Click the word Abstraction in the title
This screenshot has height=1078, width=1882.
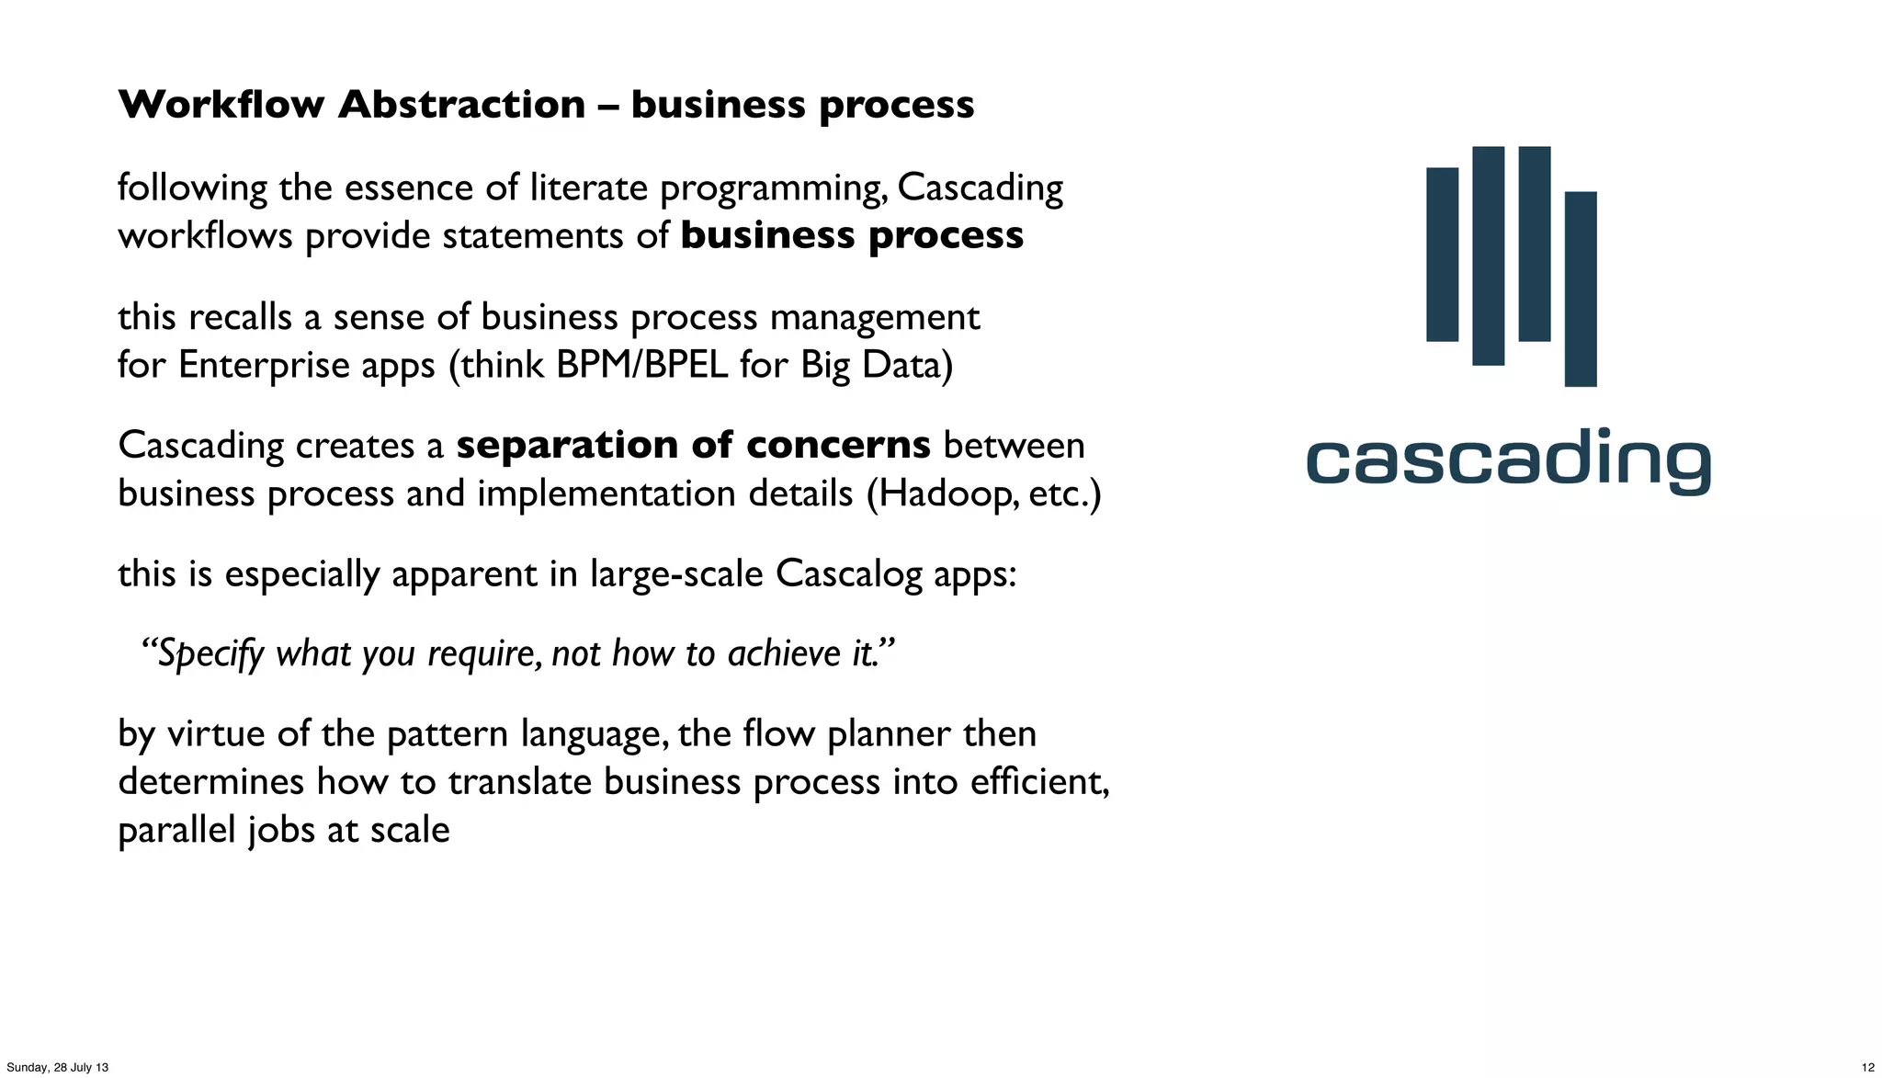[x=461, y=104]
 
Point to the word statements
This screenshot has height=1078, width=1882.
[x=534, y=236]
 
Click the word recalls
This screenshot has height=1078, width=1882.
[x=240, y=317]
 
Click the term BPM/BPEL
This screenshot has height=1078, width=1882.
[x=642, y=365]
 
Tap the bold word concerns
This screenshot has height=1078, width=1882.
[x=838, y=446]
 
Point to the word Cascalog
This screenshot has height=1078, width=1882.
[x=848, y=574]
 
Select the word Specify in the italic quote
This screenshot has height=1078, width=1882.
[x=210, y=654]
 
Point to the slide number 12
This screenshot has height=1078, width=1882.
[x=1867, y=1067]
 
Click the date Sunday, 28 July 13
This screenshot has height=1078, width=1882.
[x=57, y=1067]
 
